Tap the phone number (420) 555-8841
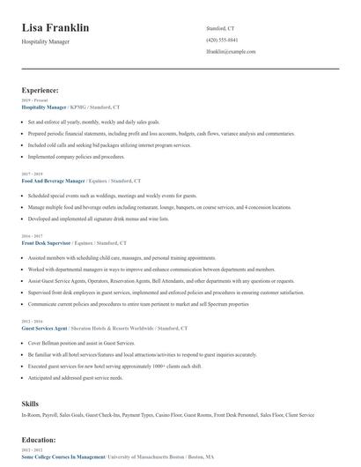point(221,41)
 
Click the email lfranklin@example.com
point(231,52)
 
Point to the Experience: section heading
point(40,90)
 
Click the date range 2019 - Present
point(34,100)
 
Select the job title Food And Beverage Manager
point(52,180)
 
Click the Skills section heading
point(30,403)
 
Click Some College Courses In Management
point(63,456)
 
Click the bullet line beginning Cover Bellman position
point(75,343)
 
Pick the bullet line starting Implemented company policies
point(77,156)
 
